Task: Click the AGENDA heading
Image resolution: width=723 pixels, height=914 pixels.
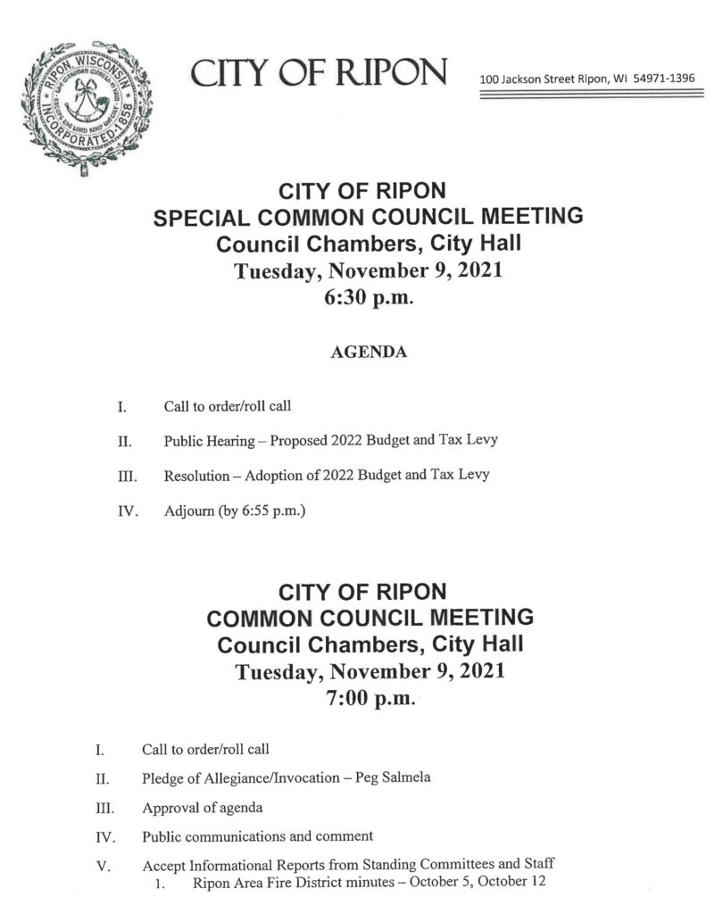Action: [369, 353]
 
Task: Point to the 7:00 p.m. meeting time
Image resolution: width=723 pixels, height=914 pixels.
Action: [369, 699]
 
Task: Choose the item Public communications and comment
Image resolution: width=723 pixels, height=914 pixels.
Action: [257, 836]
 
